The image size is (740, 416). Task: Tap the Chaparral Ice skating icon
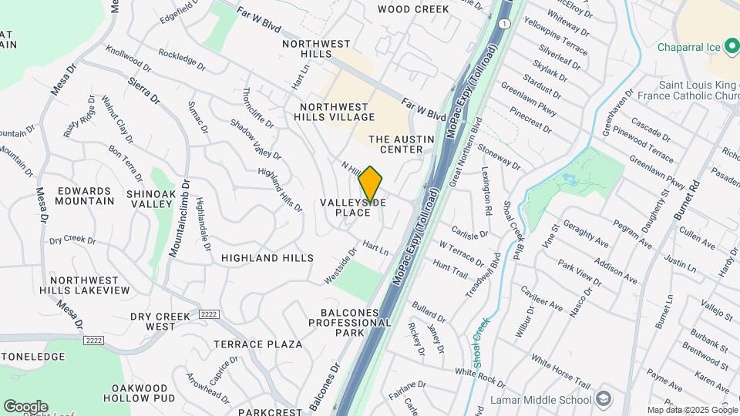tap(732, 47)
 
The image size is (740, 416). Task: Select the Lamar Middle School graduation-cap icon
tap(603, 398)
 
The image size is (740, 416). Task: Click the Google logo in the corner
tap(25, 407)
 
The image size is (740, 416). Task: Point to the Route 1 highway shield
tap(503, 25)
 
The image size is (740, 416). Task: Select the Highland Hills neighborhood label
tap(267, 258)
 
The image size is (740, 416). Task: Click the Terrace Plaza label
tap(257, 344)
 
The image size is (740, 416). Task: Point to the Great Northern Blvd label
tap(466, 151)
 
